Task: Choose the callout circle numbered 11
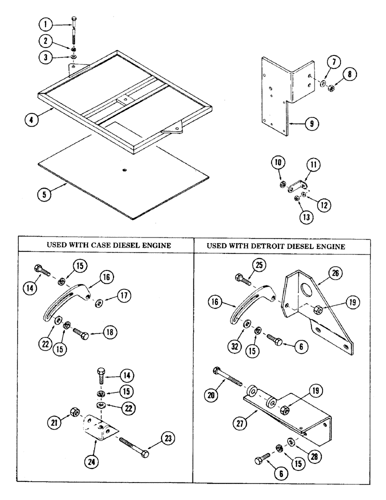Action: click(314, 164)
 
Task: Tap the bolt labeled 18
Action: click(82, 334)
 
